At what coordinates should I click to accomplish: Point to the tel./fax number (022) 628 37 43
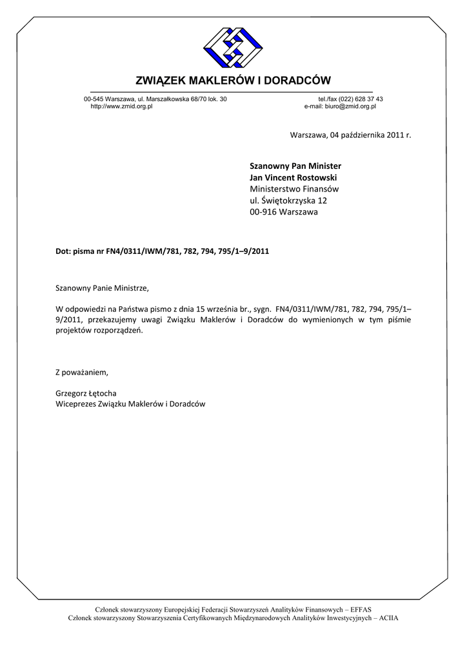click(361, 99)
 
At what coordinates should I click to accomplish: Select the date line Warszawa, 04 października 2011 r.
click(350, 135)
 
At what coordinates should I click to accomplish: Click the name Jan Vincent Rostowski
click(293, 177)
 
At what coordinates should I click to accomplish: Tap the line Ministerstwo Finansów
click(294, 189)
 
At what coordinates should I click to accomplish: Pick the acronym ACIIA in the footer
click(389, 617)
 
